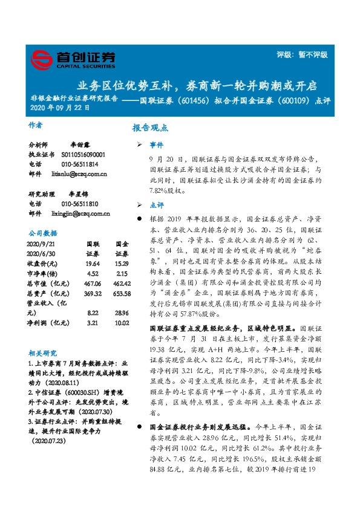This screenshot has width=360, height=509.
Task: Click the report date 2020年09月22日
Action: pos(61,109)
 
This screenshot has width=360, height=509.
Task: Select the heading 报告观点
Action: pos(151,128)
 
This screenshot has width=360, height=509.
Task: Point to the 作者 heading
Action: pos(36,125)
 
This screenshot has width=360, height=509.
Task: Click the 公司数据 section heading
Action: pos(43,232)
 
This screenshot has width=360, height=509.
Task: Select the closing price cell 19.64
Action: pos(93,263)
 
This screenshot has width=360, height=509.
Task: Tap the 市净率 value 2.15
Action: pos(122,273)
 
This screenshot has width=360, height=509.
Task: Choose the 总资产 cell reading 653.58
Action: pos(122,293)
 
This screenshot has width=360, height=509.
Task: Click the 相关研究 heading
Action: pos(43,352)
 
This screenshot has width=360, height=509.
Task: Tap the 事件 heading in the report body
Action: pos(157,146)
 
